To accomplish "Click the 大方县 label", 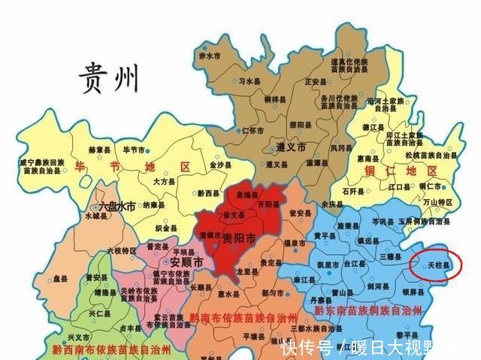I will [164, 181].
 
